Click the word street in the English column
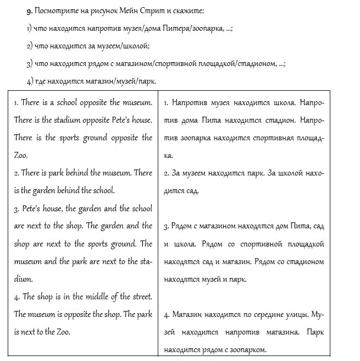137,297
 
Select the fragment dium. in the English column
23,278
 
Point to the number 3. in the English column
16,209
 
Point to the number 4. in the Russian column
167,315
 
